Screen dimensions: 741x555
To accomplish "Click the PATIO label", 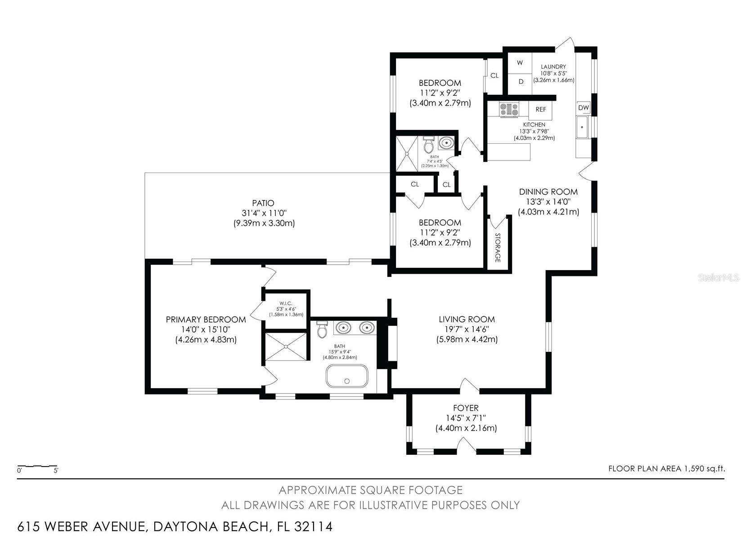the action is [x=263, y=203].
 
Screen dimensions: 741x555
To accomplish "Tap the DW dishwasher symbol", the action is [x=584, y=107].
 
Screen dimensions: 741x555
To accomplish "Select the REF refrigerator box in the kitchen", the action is [x=540, y=110].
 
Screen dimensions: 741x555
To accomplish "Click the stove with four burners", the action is [x=509, y=110].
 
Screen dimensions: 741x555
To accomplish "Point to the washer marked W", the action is [x=520, y=62].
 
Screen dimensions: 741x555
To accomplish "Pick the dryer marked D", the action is [x=520, y=82].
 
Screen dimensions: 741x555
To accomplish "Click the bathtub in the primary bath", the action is [x=347, y=376].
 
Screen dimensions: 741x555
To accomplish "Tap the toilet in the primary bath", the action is [x=323, y=329].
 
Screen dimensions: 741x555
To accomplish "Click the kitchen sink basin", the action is [x=582, y=127].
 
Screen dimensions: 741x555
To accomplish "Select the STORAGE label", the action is [x=497, y=248].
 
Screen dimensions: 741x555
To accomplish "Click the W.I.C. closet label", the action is [x=286, y=303].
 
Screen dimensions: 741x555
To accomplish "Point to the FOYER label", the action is [x=466, y=408].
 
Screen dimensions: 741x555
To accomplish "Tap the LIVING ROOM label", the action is [x=467, y=319].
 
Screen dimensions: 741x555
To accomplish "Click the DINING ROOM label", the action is [x=548, y=191].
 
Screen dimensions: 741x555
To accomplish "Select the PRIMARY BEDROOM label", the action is [x=206, y=320].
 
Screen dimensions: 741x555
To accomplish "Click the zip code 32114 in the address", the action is [x=313, y=526].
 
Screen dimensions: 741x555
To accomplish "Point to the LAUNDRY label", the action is [x=553, y=67].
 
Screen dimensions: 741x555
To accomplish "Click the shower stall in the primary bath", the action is [x=286, y=346].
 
